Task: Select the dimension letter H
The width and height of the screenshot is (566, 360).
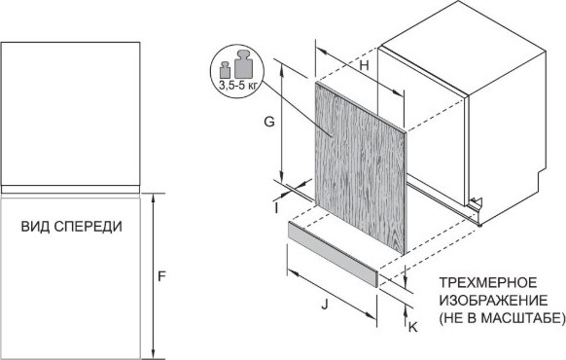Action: [x=363, y=66]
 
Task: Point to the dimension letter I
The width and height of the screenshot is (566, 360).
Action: [x=277, y=207]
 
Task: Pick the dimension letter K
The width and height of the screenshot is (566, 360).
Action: [x=412, y=327]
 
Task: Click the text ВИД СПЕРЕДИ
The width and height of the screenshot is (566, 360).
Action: [x=72, y=227]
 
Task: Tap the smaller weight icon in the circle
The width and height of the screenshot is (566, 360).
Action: [x=225, y=69]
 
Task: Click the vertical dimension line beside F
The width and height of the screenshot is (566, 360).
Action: [x=154, y=277]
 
